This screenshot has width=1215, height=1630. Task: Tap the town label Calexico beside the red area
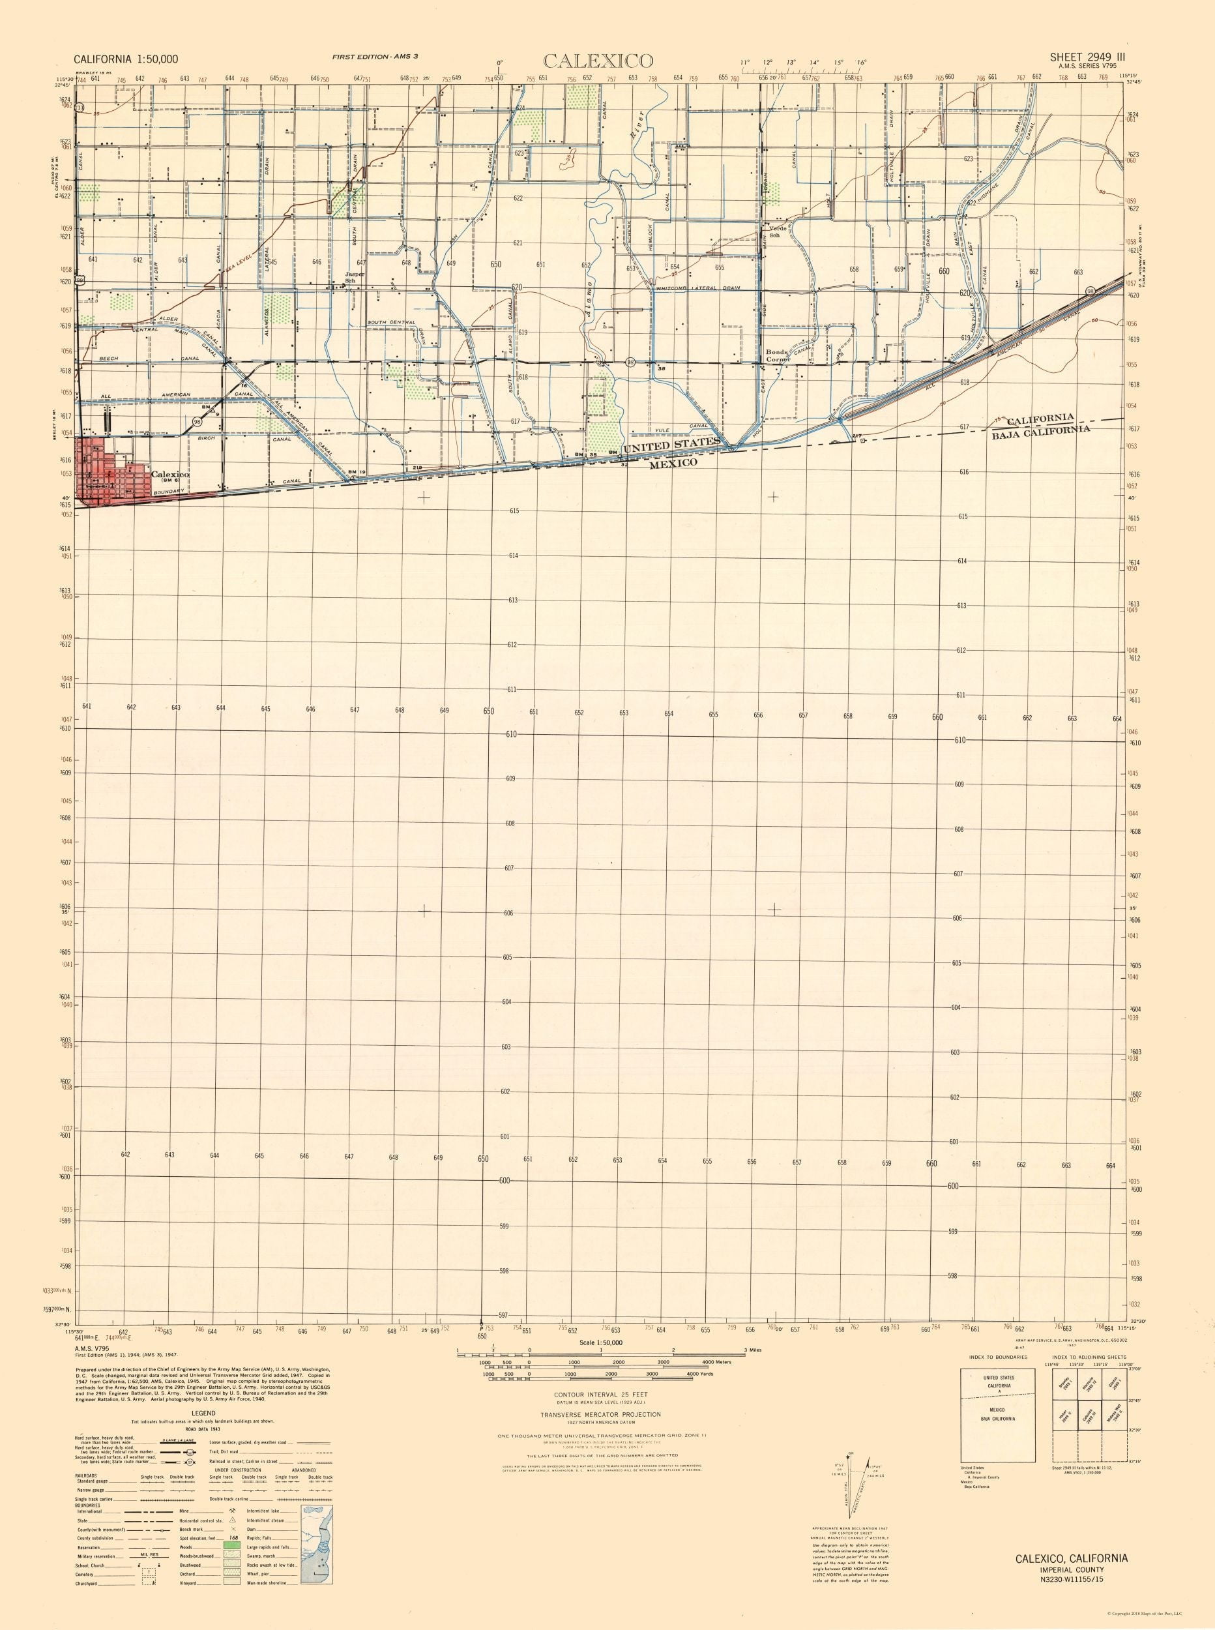(x=170, y=475)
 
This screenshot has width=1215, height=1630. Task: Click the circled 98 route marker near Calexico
(x=197, y=421)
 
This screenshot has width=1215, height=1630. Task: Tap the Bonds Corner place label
(x=777, y=355)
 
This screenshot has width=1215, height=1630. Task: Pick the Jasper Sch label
(x=355, y=277)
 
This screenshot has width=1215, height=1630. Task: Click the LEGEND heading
(x=203, y=1413)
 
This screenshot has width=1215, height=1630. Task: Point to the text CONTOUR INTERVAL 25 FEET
(x=601, y=1394)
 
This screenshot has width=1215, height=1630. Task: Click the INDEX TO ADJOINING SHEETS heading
(x=1089, y=1357)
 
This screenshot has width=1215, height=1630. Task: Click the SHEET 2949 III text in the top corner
(x=1087, y=57)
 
